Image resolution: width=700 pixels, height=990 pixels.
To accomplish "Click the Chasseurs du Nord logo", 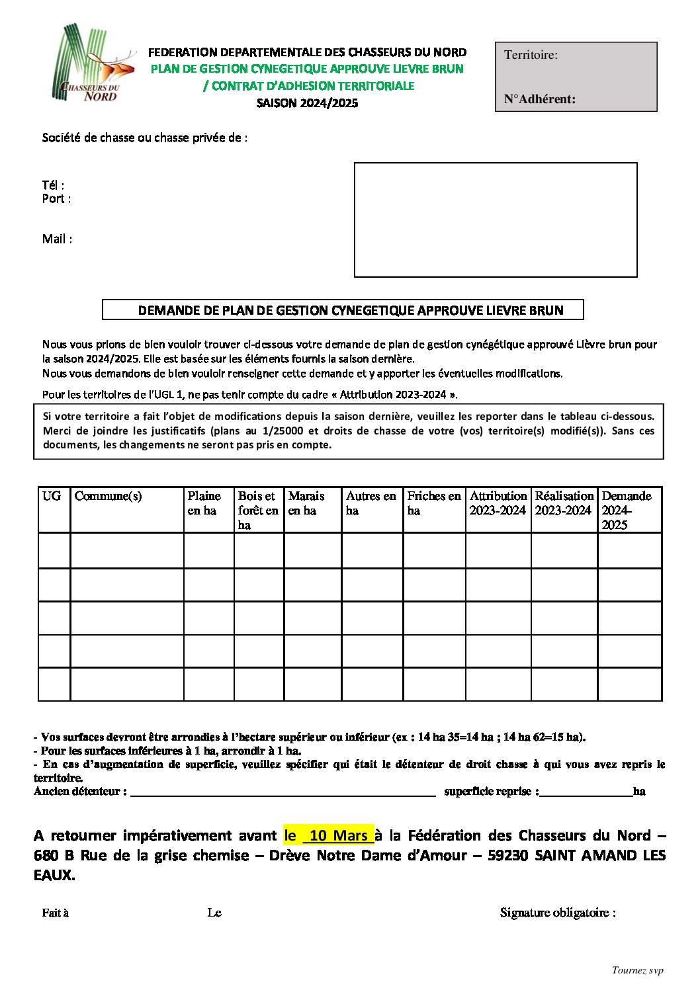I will pyautogui.click(x=93, y=63).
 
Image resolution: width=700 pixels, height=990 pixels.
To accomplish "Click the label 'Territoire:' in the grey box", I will pyautogui.click(x=531, y=55).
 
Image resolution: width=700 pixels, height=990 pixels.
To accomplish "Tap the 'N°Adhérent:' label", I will pyautogui.click(x=539, y=99).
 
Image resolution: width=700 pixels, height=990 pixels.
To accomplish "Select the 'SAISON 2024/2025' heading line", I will pyautogui.click(x=307, y=103).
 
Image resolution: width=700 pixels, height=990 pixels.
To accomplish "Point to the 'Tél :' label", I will pyautogui.click(x=53, y=185).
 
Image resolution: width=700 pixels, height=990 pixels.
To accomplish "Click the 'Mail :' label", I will pyautogui.click(x=57, y=239).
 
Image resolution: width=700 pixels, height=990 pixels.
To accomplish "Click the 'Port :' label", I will pyautogui.click(x=56, y=199).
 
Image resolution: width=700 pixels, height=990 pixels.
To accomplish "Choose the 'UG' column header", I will pyautogui.click(x=52, y=496).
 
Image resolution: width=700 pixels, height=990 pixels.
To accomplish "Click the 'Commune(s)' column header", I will pyautogui.click(x=108, y=496).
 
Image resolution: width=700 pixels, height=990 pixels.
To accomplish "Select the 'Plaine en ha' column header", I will pyautogui.click(x=204, y=503).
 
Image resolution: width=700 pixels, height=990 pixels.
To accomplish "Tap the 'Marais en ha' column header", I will pyautogui.click(x=306, y=503).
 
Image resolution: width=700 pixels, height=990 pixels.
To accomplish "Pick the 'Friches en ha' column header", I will pyautogui.click(x=433, y=503).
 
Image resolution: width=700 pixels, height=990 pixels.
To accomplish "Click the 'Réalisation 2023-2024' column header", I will pyautogui.click(x=564, y=503).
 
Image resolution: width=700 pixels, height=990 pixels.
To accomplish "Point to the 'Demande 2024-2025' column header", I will pyautogui.click(x=626, y=510).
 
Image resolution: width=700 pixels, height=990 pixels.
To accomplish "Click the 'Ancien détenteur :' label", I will pyautogui.click(x=80, y=792).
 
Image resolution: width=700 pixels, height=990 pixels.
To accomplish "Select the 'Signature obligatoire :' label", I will pyautogui.click(x=558, y=913).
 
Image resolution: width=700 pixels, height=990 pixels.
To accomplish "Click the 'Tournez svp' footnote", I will pyautogui.click(x=637, y=971).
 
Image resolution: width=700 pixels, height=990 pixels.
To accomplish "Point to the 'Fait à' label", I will pyautogui.click(x=56, y=913).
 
